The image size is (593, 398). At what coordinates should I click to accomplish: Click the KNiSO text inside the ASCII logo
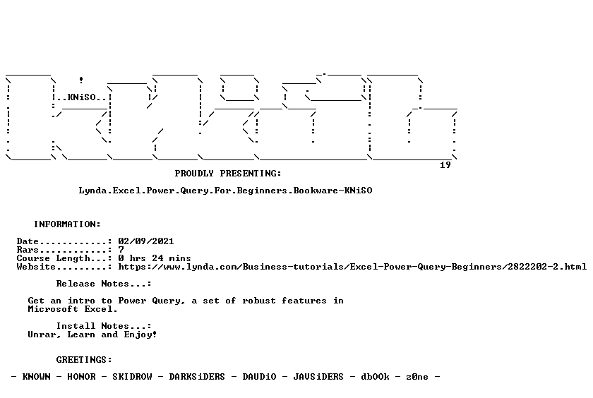(82, 97)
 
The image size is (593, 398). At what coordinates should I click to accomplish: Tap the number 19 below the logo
(445, 165)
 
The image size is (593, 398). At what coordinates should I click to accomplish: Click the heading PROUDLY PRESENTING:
(228, 173)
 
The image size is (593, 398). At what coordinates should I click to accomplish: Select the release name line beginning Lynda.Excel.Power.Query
(225, 191)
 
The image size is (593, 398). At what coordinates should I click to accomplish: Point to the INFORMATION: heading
(67, 224)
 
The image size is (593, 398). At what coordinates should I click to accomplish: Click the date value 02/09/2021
(146, 241)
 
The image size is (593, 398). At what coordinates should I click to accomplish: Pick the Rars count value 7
(121, 250)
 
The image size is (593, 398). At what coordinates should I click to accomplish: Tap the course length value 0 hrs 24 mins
(155, 258)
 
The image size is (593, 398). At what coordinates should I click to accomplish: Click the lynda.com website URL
(352, 267)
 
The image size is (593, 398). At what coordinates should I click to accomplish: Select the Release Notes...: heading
(104, 284)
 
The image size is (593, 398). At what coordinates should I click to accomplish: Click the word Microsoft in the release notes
(54, 309)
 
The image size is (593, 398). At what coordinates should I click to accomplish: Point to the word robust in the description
(259, 301)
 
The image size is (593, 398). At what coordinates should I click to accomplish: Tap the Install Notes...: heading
(104, 326)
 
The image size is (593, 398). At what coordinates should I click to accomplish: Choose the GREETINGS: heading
(84, 359)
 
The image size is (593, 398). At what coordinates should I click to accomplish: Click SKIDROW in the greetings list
(133, 376)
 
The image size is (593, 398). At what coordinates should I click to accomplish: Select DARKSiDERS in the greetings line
(197, 376)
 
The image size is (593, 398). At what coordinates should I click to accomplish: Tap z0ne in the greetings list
(417, 376)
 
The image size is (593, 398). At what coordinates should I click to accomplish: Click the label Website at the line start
(36, 267)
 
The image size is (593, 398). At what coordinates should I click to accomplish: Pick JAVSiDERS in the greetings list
(318, 376)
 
